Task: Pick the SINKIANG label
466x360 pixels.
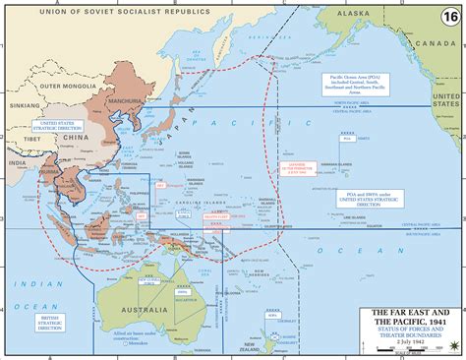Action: point(16,101)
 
